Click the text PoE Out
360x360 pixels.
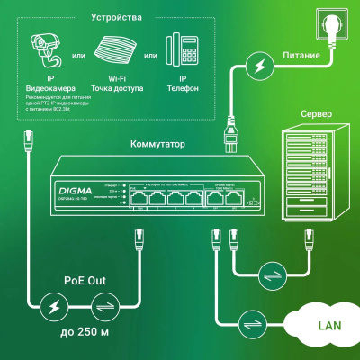tap(89, 280)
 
